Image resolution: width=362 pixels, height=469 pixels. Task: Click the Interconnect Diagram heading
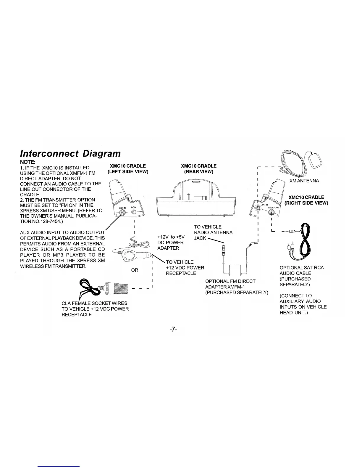(x=70, y=153)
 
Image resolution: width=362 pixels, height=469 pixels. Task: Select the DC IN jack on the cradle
(x=134, y=212)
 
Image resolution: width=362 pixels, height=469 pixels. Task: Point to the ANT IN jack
(x=258, y=208)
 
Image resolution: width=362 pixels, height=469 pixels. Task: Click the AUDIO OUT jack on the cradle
(x=271, y=211)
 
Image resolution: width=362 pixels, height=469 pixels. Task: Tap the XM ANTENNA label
(x=304, y=181)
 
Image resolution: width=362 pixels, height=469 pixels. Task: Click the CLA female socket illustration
(x=116, y=287)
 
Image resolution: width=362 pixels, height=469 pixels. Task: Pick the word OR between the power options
(x=135, y=270)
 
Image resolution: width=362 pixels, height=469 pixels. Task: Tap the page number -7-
(x=173, y=329)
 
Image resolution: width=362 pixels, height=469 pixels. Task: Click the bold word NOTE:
(x=28, y=162)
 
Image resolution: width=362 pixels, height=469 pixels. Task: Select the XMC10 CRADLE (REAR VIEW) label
(x=199, y=168)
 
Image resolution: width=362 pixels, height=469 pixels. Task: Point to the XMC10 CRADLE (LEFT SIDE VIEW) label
(x=128, y=168)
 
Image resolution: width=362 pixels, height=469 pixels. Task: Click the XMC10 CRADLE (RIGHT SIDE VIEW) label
(x=306, y=200)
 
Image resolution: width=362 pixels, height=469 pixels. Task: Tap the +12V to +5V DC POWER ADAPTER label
(x=171, y=242)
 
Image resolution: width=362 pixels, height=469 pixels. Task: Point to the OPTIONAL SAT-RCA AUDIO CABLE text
(x=301, y=270)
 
